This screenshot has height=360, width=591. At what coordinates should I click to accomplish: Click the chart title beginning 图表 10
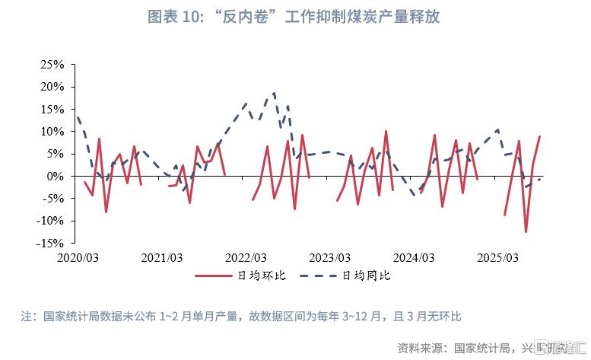[x=295, y=16]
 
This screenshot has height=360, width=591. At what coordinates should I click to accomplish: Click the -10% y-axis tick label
[x=51, y=221]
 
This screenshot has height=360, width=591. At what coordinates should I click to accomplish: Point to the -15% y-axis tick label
[x=51, y=243]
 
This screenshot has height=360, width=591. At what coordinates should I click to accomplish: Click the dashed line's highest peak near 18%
[x=274, y=94]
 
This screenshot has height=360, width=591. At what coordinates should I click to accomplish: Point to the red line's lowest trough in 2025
[x=526, y=231]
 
